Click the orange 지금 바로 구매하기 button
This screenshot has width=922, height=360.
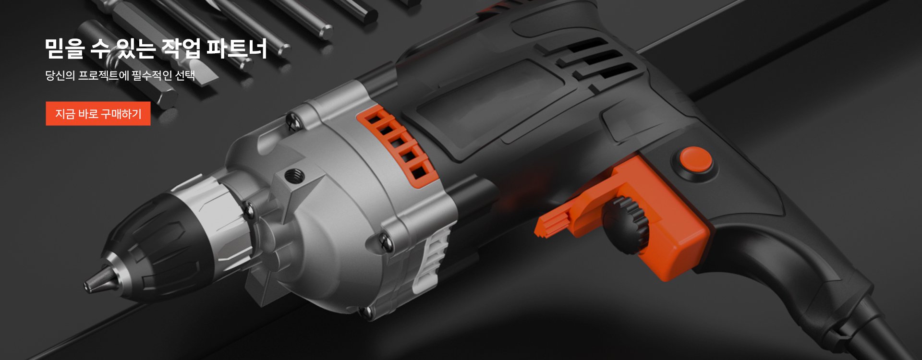click(98, 114)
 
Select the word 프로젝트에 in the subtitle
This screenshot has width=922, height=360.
click(104, 75)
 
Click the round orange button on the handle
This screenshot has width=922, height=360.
click(695, 160)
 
